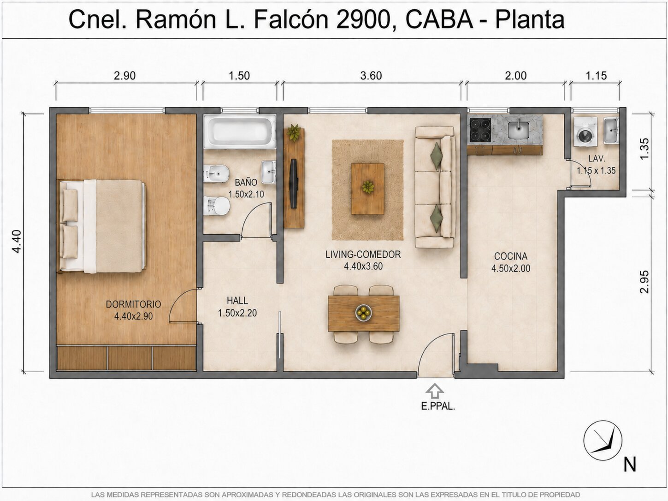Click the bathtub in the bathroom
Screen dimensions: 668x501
coord(240,132)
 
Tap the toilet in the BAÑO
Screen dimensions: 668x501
coord(217,205)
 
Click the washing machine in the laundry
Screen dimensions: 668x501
coord(585,132)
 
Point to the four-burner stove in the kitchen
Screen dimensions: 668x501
coord(480,130)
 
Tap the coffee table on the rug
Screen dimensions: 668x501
coord(367,189)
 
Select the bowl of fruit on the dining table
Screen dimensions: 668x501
coord(363,312)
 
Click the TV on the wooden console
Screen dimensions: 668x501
coord(293,183)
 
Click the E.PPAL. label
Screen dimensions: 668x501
coord(438,406)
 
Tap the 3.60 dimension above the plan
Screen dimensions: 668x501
coord(371,76)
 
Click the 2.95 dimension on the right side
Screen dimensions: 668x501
coord(644,282)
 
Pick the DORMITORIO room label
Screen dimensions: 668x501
coord(133,304)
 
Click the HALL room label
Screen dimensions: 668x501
coord(237,301)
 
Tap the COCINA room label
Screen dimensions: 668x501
coord(511,256)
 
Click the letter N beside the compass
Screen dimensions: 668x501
coord(630,465)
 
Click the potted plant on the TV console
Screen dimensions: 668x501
coord(294,133)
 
